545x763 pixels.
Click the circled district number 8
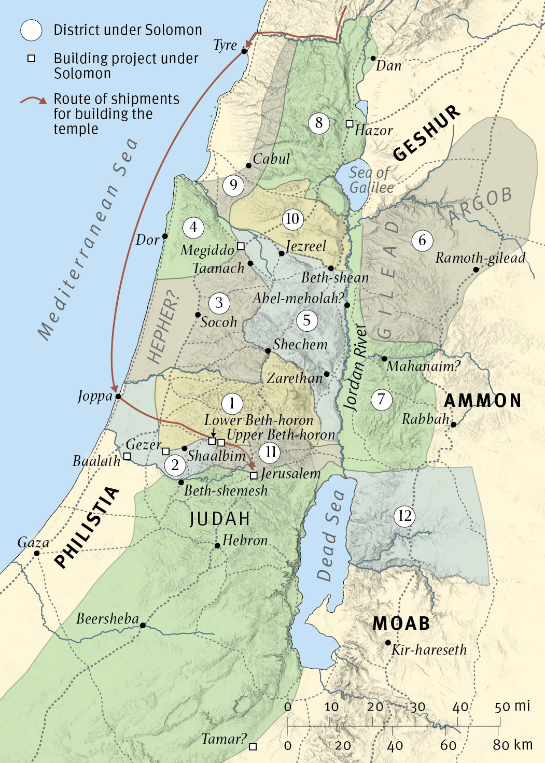pyautogui.click(x=318, y=123)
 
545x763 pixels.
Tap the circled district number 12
pyautogui.click(x=404, y=516)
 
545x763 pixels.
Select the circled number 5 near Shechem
pyautogui.click(x=306, y=320)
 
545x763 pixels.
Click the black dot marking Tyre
pyautogui.click(x=244, y=51)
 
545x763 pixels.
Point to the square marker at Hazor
pyautogui.click(x=350, y=124)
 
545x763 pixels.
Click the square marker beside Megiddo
pyautogui.click(x=241, y=246)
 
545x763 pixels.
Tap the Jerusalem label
pyautogui.click(x=290, y=474)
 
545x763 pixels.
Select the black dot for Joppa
pyautogui.click(x=118, y=397)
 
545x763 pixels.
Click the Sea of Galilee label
pyautogui.click(x=370, y=180)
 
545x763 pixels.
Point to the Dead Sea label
pyautogui.click(x=330, y=535)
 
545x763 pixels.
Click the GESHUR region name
pyautogui.click(x=426, y=133)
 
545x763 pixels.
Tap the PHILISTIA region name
pyautogui.click(x=87, y=527)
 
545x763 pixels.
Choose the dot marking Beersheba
pyautogui.click(x=143, y=626)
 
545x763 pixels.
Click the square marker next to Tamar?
pyautogui.click(x=253, y=746)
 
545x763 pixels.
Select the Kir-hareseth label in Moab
pyautogui.click(x=429, y=650)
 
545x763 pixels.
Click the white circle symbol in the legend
pyautogui.click(x=31, y=30)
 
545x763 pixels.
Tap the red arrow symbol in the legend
pyautogui.click(x=34, y=100)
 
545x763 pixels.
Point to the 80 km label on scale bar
pyautogui.click(x=512, y=745)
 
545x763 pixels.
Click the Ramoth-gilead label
pyautogui.click(x=480, y=258)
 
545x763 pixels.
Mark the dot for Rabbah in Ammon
pyautogui.click(x=453, y=425)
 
